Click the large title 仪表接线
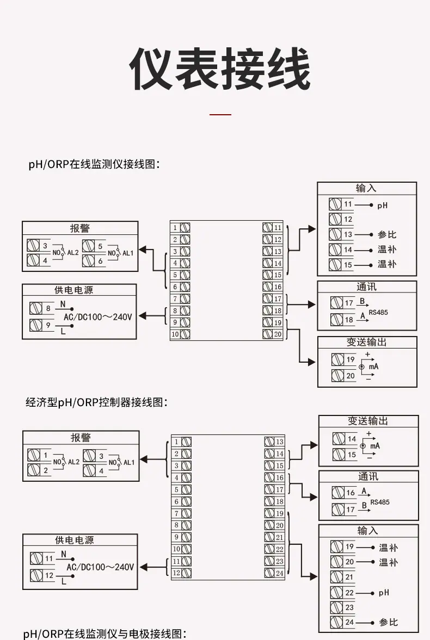click(220, 69)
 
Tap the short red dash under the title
click(220, 115)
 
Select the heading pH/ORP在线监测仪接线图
click(94, 165)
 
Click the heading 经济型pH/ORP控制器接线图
click(96, 402)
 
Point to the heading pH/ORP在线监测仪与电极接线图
click(105, 633)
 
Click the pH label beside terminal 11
click(382, 206)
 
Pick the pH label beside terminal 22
click(384, 593)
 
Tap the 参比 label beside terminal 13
click(386, 235)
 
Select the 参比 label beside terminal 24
click(388, 623)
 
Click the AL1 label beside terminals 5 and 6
click(128, 253)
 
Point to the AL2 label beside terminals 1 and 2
click(73, 462)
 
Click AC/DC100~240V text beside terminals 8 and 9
click(97, 316)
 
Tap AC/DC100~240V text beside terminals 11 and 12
click(100, 567)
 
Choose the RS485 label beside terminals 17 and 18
click(378, 313)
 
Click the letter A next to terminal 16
click(364, 491)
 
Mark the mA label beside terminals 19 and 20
click(373, 366)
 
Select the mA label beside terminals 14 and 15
click(375, 446)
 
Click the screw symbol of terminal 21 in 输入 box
click(337, 577)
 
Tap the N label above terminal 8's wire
click(63, 304)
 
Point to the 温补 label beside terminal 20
click(388, 562)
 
